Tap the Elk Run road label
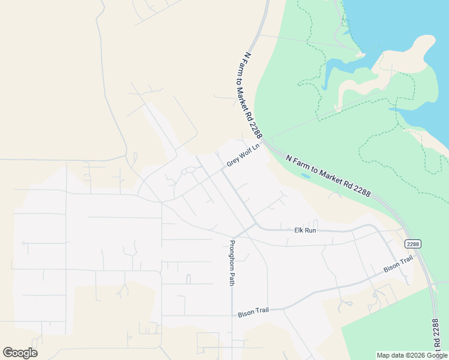point(305,230)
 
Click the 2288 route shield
point(412,244)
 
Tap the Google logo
point(20,352)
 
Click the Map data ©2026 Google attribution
point(412,355)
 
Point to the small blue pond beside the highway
point(306,176)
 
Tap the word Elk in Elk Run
point(298,230)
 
